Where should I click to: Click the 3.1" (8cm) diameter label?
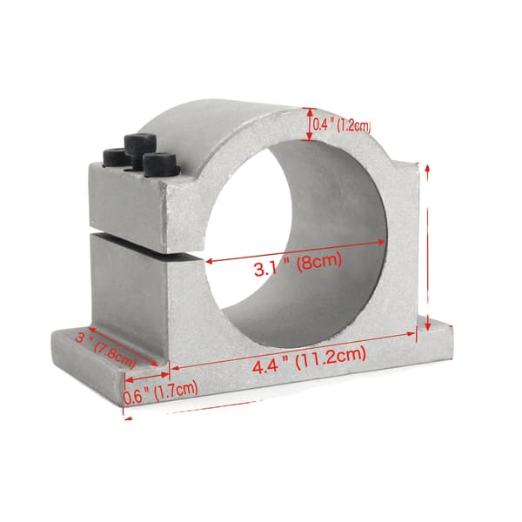tap(298, 264)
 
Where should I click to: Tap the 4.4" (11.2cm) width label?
tap(309, 359)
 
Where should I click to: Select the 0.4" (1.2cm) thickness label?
tap(341, 125)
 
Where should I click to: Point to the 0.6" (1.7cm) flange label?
tap(161, 393)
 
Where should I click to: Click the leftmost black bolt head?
tap(115, 157)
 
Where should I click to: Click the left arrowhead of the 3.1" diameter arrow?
tap(209, 261)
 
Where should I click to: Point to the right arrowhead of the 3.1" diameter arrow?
tap(381, 242)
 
